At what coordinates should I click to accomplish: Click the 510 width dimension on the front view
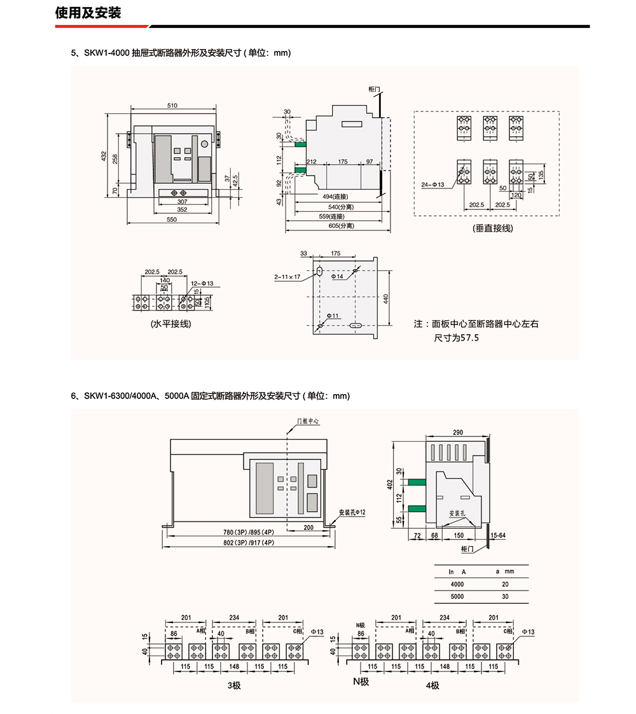pyautogui.click(x=172, y=105)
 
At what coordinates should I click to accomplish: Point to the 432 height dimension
pyautogui.click(x=104, y=156)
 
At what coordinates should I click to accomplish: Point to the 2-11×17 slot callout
pyautogui.click(x=287, y=277)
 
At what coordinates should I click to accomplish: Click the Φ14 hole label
pyautogui.click(x=338, y=277)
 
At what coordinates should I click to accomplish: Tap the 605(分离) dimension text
pyautogui.click(x=341, y=226)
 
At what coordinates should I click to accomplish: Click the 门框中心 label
pyautogui.click(x=308, y=421)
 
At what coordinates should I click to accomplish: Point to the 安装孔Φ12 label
pyautogui.click(x=352, y=512)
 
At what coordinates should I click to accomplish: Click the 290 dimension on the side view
pyautogui.click(x=458, y=433)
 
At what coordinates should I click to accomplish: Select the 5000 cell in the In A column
pyautogui.click(x=457, y=597)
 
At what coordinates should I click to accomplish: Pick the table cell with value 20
pyautogui.click(x=505, y=584)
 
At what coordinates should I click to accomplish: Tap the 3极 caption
pyautogui.click(x=234, y=685)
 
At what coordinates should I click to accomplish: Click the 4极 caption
pyautogui.click(x=432, y=685)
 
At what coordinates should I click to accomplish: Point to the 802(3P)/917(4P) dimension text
pyautogui.click(x=249, y=543)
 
